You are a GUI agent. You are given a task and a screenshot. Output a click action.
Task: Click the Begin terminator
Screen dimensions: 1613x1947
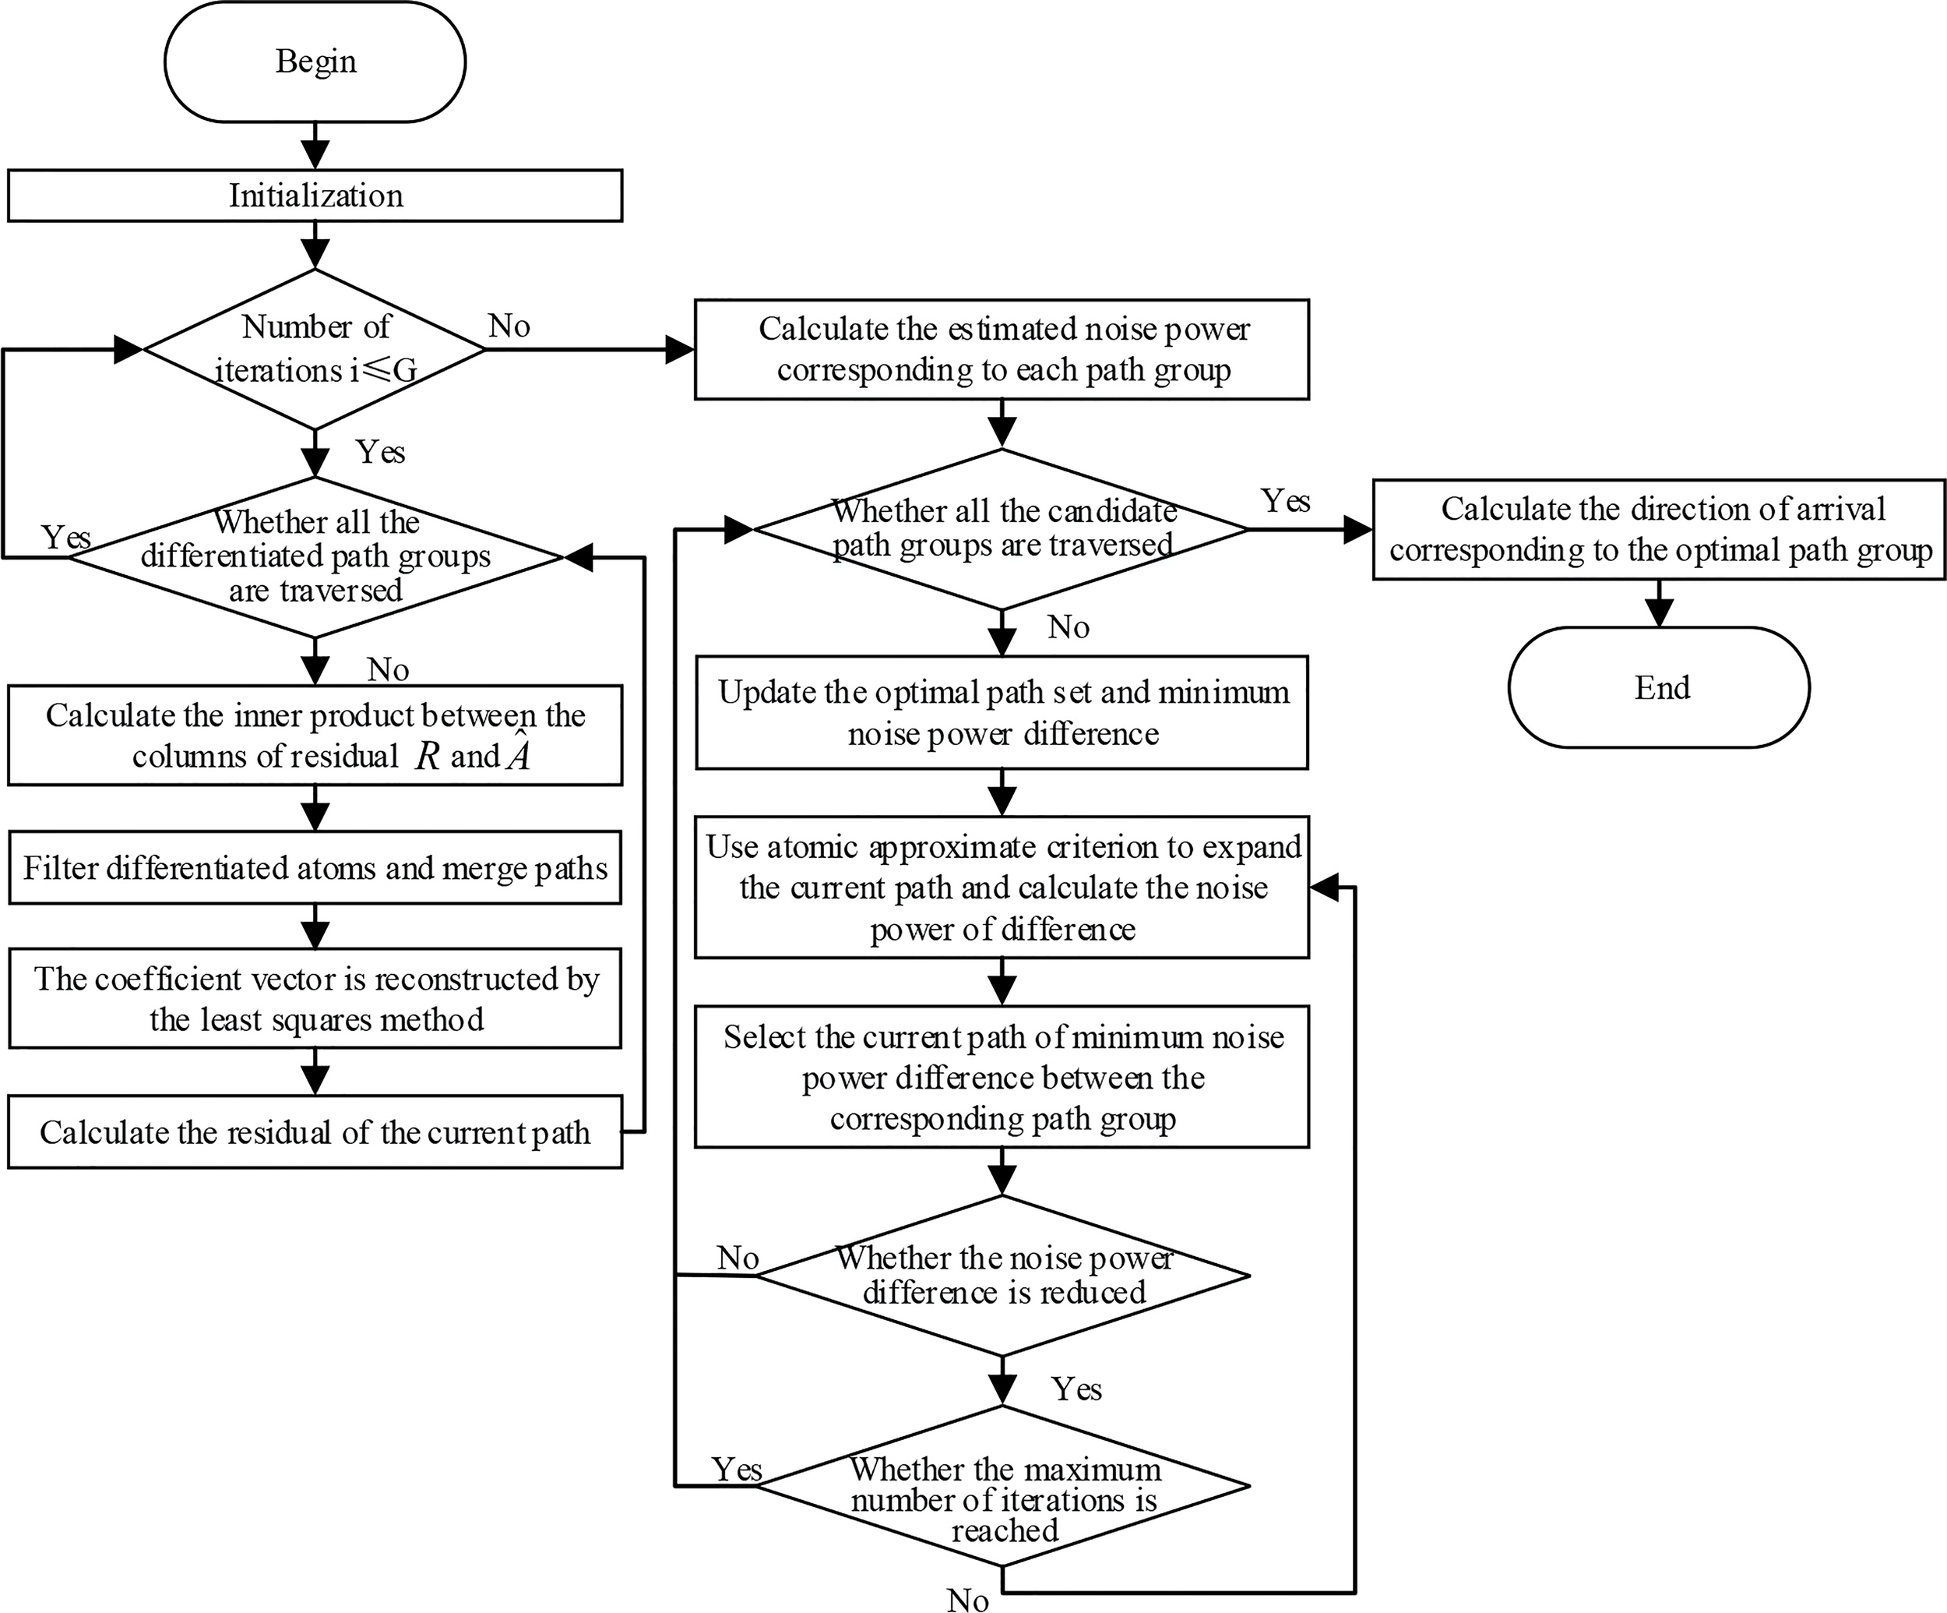point(315,62)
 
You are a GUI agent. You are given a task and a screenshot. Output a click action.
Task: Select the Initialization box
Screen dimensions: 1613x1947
point(315,196)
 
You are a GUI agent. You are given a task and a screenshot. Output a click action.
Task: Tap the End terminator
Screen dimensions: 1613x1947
point(1659,687)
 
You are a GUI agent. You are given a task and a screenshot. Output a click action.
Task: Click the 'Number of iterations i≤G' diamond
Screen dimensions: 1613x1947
point(315,350)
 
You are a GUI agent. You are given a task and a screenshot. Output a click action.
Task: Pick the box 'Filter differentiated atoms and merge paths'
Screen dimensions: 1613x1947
point(315,868)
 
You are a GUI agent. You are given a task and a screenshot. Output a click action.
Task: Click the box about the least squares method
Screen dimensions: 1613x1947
point(315,999)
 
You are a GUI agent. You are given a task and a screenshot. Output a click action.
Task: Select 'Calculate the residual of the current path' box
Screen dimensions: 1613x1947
point(315,1132)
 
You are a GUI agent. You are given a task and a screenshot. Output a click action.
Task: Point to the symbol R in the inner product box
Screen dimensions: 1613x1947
point(428,757)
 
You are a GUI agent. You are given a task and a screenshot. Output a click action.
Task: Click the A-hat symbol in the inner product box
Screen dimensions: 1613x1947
point(517,754)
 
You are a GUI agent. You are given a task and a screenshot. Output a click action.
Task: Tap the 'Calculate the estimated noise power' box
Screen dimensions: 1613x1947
point(1002,350)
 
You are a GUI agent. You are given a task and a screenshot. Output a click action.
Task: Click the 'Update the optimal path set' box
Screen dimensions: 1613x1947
point(1002,713)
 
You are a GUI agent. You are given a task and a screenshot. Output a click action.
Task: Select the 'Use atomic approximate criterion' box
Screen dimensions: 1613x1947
point(1002,888)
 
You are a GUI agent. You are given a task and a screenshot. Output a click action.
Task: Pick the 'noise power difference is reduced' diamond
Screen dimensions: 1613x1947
point(1002,1276)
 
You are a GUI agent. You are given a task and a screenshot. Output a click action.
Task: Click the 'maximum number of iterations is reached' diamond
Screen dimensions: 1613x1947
point(1002,1486)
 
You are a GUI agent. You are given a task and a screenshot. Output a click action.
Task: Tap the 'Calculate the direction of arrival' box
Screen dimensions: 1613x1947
point(1659,530)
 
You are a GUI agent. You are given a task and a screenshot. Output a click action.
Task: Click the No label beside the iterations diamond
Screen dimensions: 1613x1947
point(509,326)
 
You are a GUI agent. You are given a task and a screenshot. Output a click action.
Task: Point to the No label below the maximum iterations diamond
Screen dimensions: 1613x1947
point(967,1600)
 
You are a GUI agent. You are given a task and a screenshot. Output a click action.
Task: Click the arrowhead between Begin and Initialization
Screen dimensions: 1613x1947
point(315,155)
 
